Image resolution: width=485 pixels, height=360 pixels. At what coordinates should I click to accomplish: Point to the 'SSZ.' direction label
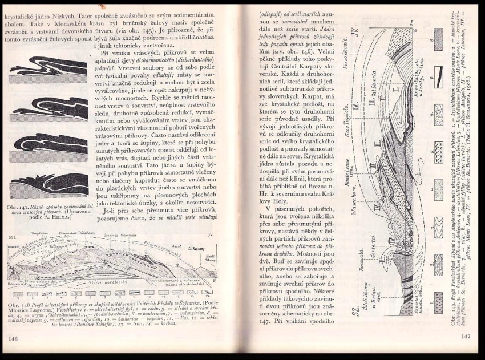click(x=12, y=236)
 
